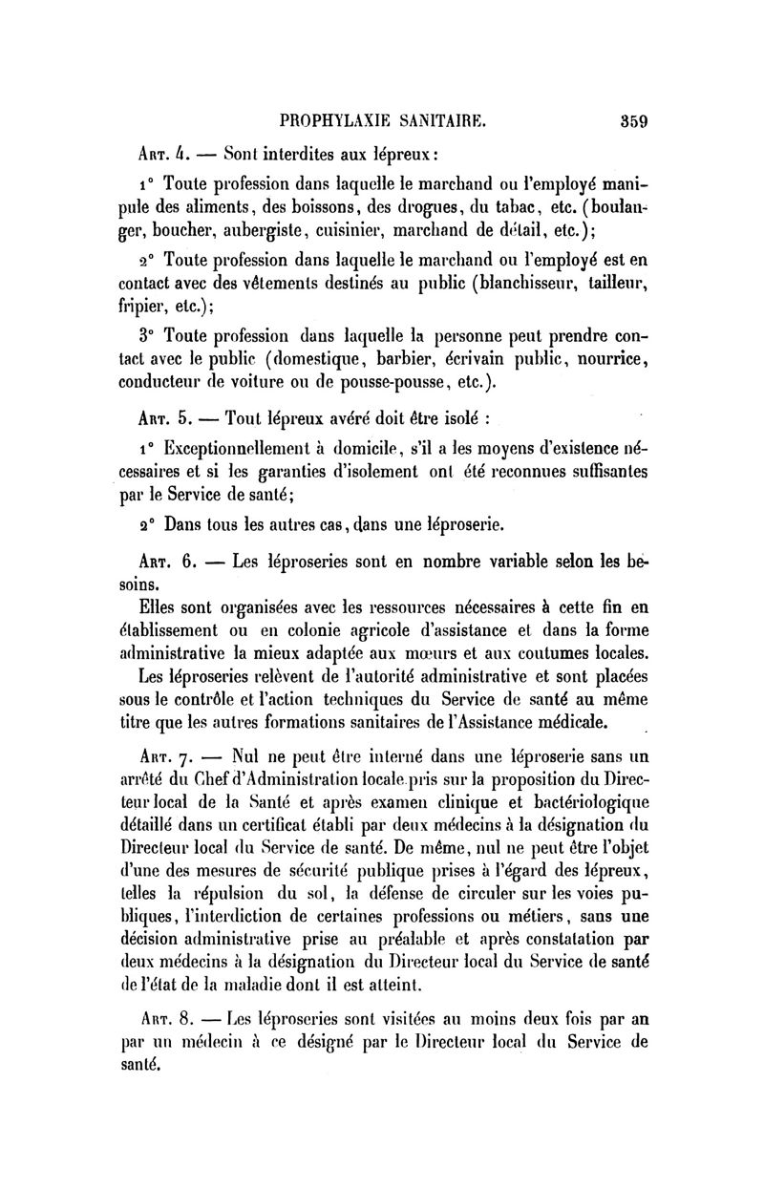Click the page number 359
[x=633, y=121]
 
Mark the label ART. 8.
[x=162, y=1016]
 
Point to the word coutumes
[x=534, y=653]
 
